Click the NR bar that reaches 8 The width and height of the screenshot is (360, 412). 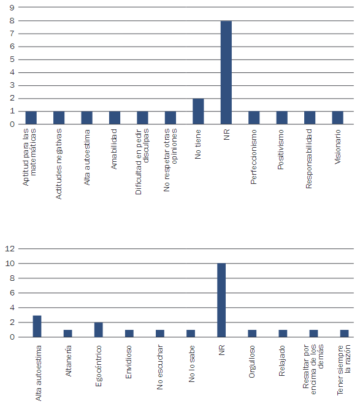[226, 72]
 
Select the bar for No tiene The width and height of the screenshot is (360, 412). [198, 112]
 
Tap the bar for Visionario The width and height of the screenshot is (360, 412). [338, 118]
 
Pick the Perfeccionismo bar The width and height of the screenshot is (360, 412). [254, 118]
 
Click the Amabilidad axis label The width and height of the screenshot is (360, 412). [113, 149]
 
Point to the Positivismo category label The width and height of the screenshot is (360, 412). [281, 150]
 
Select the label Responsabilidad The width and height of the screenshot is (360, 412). [308, 159]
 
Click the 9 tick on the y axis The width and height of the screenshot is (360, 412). [12, 7]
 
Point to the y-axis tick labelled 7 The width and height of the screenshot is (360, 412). [12, 34]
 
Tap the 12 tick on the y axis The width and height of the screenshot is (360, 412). [10, 248]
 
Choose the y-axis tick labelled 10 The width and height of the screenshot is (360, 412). [10, 263]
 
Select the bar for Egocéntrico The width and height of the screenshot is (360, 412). [99, 329]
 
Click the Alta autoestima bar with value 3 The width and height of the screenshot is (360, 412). [37, 326]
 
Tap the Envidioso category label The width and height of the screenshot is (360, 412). [128, 362]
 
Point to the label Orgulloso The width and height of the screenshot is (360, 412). [251, 362]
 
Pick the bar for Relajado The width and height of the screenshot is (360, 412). [283, 333]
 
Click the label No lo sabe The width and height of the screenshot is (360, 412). [192, 364]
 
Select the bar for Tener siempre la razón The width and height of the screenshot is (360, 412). [344, 333]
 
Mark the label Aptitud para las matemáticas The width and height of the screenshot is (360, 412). [29, 158]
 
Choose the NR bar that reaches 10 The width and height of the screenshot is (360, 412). [221, 300]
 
